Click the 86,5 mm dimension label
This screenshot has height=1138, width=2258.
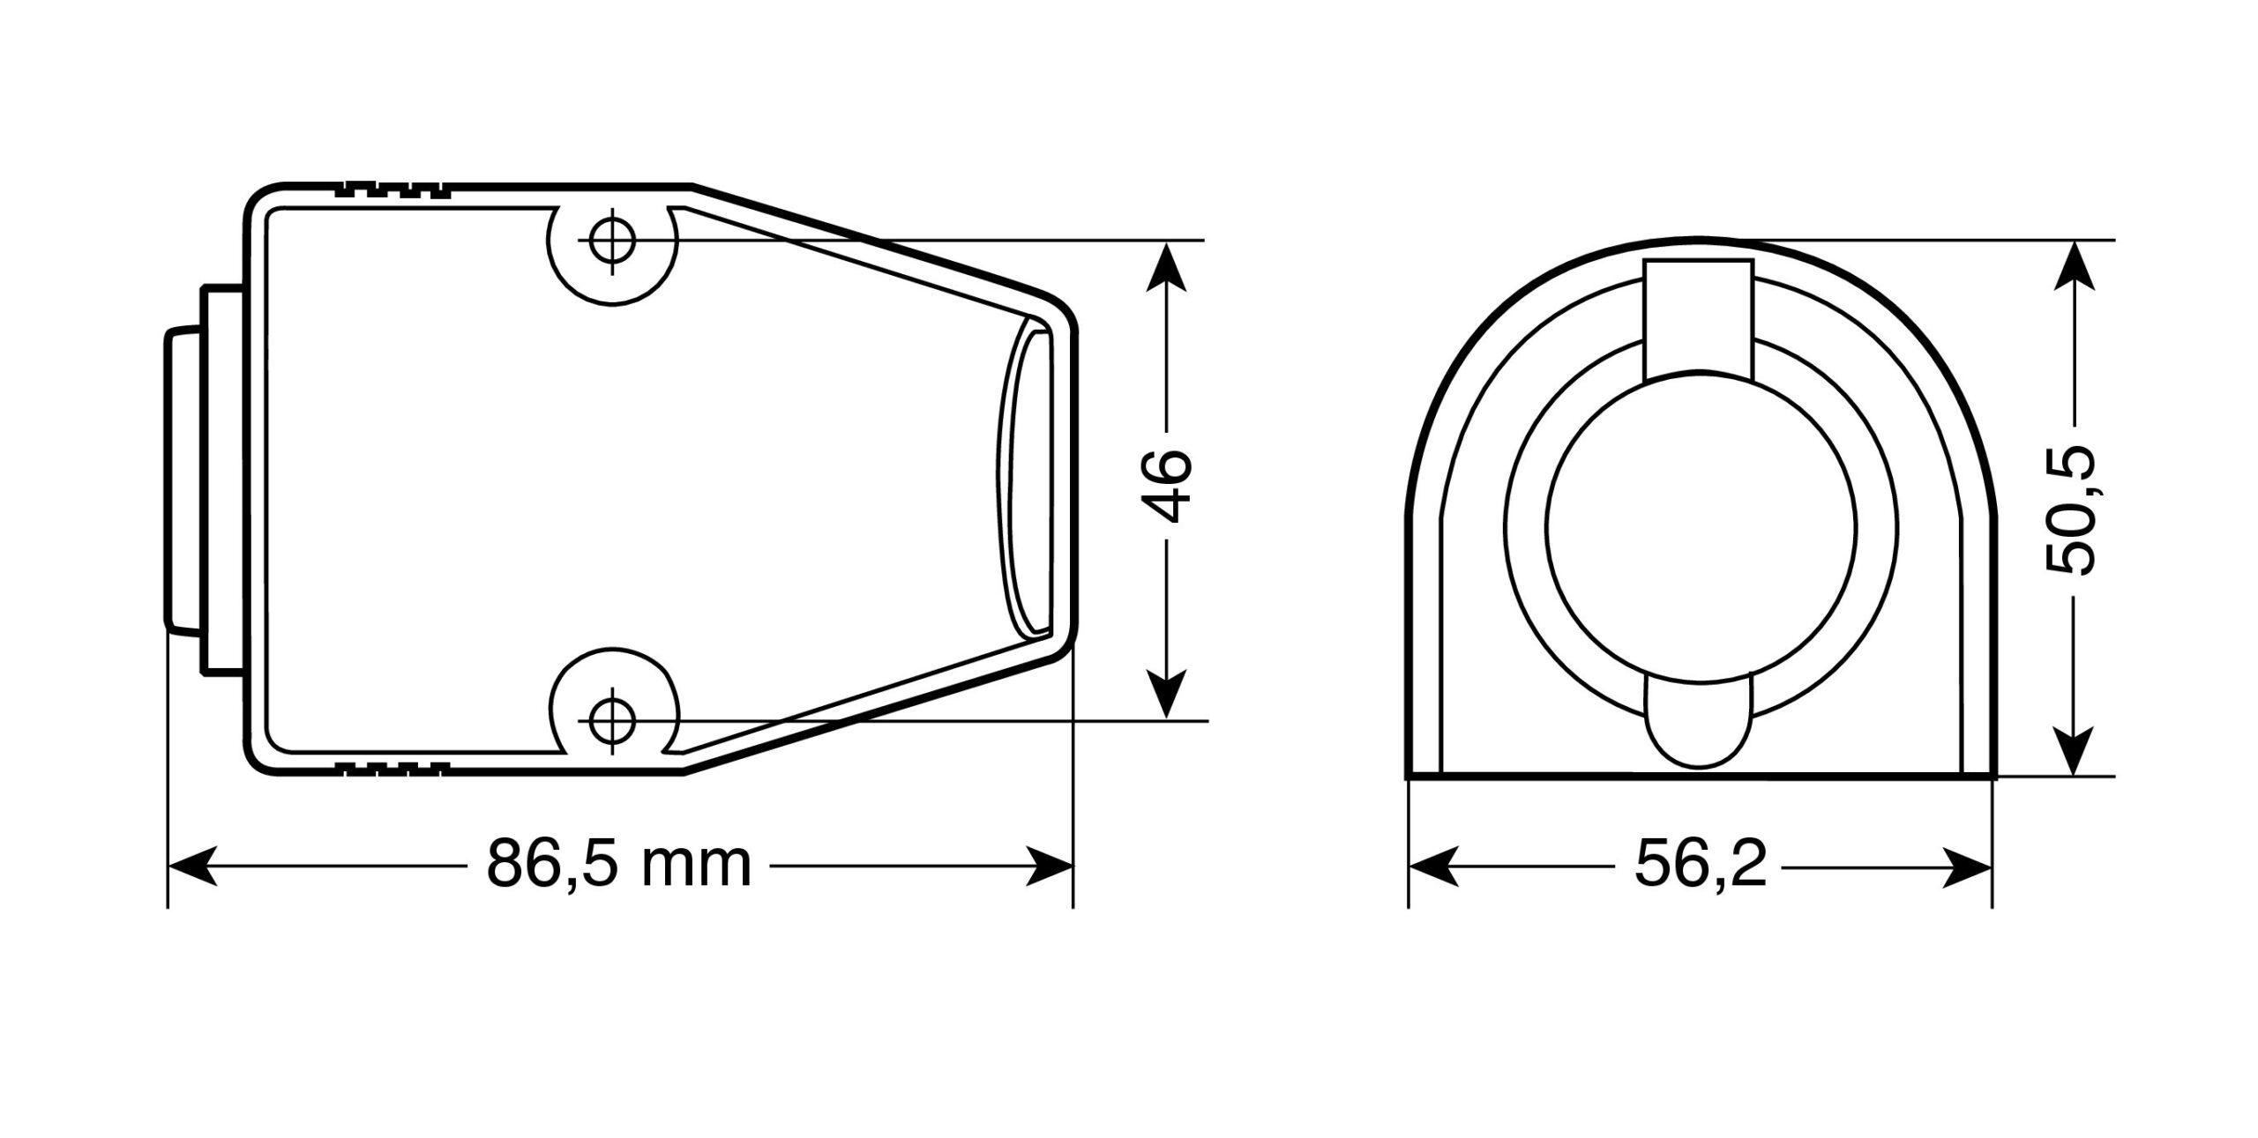[618, 866]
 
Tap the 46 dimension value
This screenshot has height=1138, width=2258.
[1165, 486]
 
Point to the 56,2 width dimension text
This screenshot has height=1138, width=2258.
[1701, 867]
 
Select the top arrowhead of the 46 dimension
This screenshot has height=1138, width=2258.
[1167, 265]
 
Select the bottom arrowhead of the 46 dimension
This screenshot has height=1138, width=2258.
[1167, 694]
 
